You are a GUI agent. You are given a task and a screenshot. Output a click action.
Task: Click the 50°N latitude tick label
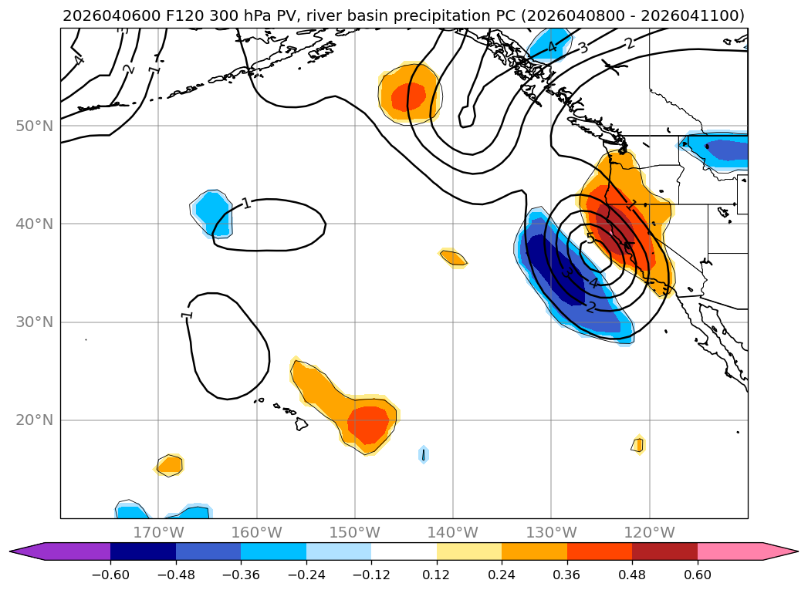pos(34,126)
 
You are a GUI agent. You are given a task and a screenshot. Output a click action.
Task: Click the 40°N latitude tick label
pos(34,224)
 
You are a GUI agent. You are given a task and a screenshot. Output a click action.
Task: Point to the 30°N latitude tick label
pos(34,322)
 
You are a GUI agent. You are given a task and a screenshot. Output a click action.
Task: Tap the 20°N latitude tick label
pos(34,420)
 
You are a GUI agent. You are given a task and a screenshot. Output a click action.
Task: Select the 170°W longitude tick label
pos(158,533)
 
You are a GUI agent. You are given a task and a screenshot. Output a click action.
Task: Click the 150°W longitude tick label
pos(355,533)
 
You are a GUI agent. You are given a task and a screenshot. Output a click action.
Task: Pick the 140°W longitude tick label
pos(453,533)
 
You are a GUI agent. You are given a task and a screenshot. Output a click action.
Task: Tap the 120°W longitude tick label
pos(650,533)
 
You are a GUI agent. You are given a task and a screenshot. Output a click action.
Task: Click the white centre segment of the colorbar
pos(404,551)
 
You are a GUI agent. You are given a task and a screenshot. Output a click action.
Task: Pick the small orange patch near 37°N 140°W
pos(453,258)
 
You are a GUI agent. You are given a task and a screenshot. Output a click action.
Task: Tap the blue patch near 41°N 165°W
pos(210,209)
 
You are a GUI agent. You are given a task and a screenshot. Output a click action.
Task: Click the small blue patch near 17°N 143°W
pos(423,454)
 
